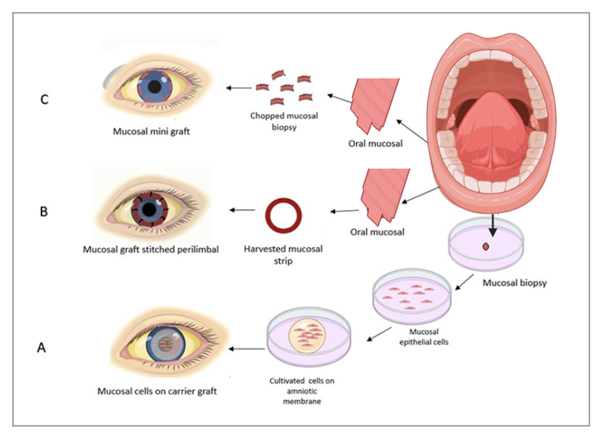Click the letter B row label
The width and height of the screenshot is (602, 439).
[44, 212]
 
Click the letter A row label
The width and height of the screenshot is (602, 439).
[41, 348]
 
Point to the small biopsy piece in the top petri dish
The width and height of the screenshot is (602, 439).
[486, 247]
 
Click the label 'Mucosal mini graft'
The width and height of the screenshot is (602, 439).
[151, 132]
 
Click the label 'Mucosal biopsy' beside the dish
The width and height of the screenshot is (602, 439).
[514, 283]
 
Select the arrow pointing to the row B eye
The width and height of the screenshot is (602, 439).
[242, 210]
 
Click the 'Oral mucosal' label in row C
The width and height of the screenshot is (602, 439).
[375, 144]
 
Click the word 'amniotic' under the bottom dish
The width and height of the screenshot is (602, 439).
[302, 391]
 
